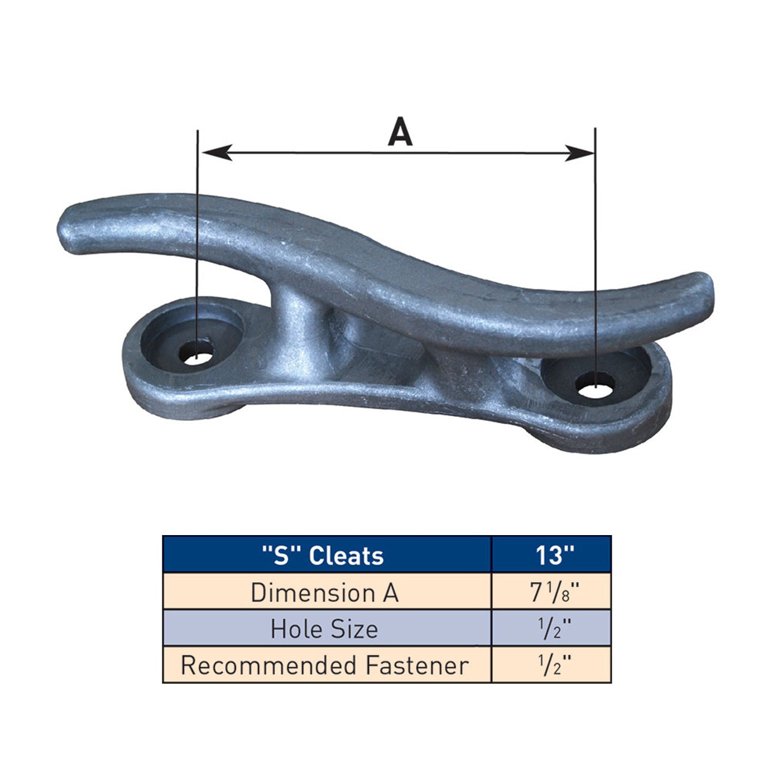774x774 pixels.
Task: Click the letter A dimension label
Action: [400, 131]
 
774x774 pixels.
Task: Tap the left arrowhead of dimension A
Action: [217, 152]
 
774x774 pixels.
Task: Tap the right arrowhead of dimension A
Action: [579, 153]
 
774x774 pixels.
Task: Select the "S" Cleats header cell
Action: [327, 555]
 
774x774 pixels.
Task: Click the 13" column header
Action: [552, 555]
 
